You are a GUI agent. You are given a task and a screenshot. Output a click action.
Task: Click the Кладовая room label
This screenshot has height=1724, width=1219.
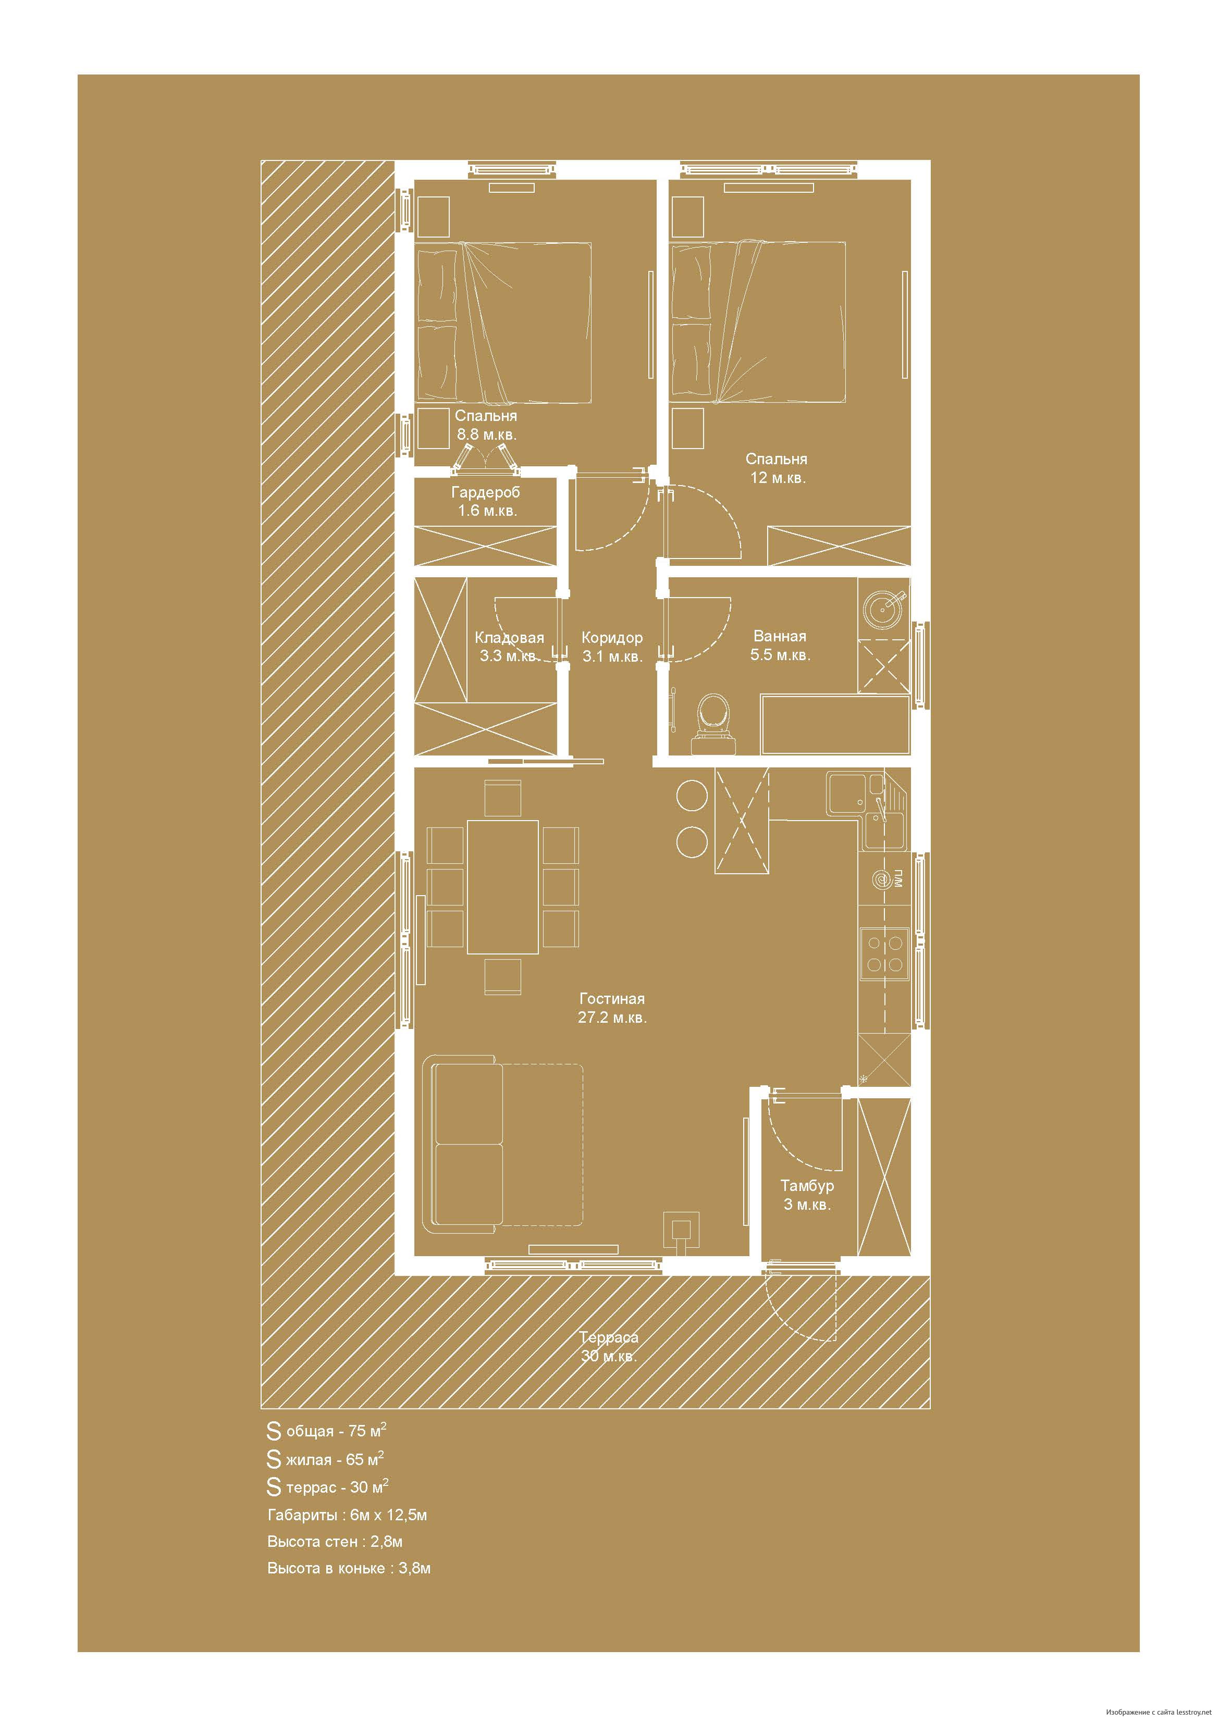click(509, 638)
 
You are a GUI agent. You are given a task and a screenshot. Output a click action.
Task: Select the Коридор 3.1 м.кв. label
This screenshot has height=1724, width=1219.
click(612, 647)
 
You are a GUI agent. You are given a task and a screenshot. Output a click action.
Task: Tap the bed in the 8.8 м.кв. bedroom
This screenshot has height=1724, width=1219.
click(503, 321)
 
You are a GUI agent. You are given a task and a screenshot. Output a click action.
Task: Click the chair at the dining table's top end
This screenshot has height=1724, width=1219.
click(502, 798)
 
